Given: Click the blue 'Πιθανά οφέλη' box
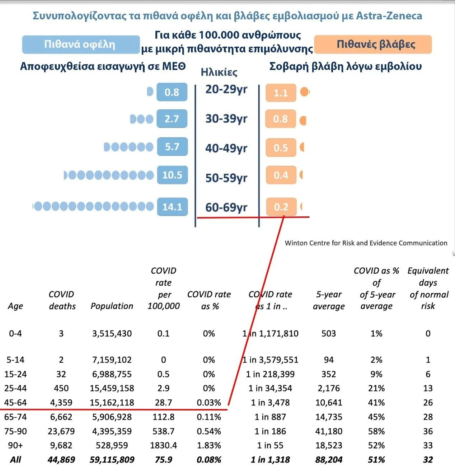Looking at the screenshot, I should click(80, 44).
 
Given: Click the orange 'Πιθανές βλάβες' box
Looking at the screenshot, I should click(372, 44).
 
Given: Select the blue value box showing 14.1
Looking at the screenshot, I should click(172, 207).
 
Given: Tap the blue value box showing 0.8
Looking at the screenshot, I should click(172, 92).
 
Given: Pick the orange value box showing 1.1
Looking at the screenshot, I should click(281, 93).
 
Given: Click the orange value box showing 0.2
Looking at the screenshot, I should click(281, 207).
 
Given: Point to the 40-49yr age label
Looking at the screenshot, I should click(226, 148).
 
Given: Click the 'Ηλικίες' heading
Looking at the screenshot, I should click(219, 72).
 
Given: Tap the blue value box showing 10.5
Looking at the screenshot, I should click(172, 175).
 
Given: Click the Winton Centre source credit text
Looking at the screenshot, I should click(366, 243).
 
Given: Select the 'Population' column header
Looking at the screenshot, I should click(112, 306).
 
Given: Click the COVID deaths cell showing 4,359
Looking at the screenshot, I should click(61, 403).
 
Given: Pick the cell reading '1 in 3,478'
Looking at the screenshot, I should click(270, 403).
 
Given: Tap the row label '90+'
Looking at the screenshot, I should click(15, 445).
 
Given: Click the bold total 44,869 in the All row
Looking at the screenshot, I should click(61, 460).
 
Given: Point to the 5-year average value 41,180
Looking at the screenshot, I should click(329, 431).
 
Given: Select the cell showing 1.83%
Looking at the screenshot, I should click(209, 445).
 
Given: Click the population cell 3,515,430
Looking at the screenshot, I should click(112, 333).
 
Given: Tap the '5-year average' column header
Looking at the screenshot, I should click(329, 300).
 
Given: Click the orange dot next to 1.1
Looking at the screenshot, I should click(304, 92).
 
